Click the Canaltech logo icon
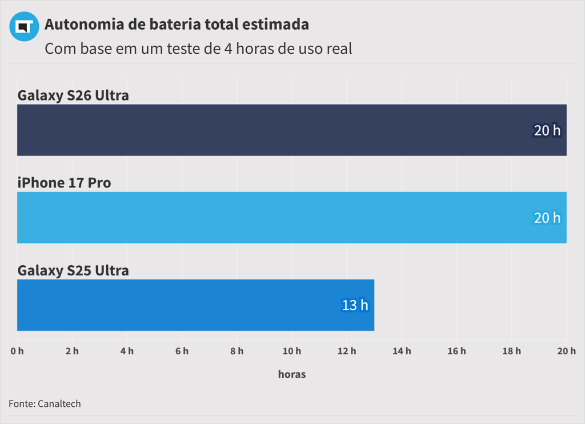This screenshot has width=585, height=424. point(23,26)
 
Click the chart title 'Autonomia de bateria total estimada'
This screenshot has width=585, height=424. point(177,25)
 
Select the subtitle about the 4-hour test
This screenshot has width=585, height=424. point(198,49)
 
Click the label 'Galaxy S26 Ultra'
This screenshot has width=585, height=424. point(73,95)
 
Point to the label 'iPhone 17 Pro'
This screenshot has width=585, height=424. point(64,183)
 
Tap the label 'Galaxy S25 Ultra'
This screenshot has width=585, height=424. point(73,270)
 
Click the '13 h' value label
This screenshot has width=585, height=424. point(355,305)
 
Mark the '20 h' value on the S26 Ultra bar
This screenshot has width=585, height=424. point(547,130)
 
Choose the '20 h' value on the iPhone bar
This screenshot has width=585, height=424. point(547,218)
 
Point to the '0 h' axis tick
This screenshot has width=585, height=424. point(17,351)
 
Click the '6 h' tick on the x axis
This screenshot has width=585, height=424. point(182,351)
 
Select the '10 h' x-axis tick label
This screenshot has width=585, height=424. point(291,351)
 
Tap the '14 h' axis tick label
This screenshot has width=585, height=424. point(402,351)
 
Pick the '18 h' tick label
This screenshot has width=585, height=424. point(511,351)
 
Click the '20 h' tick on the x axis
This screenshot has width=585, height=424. point(566,351)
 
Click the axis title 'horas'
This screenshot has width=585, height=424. point(292,374)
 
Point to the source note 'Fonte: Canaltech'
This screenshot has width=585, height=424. point(45,404)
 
